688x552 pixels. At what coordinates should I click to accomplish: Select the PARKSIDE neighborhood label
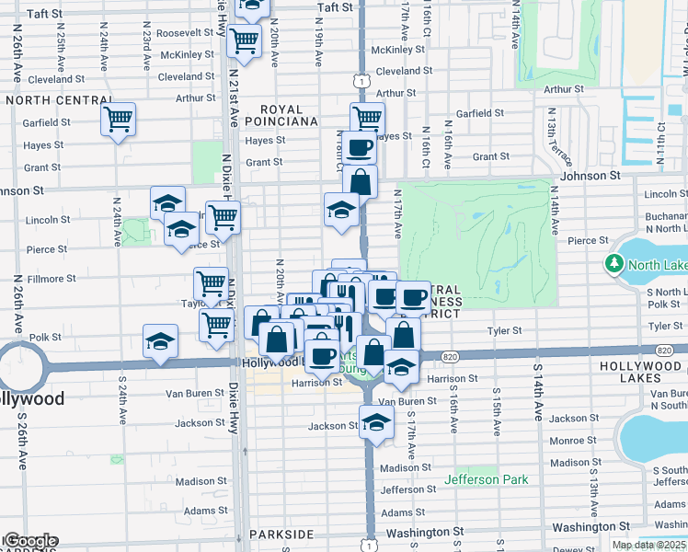[285, 535]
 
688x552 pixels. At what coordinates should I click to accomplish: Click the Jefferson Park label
[487, 479]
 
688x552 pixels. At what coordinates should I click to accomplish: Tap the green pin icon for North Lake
[613, 265]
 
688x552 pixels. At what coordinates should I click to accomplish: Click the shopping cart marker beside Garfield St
[119, 120]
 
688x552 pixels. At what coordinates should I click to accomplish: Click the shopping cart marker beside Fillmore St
[211, 282]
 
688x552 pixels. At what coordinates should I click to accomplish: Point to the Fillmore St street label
[51, 279]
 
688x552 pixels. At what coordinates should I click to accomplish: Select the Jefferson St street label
[407, 489]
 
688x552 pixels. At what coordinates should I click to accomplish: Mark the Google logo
[30, 541]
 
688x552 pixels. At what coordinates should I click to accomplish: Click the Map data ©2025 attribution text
[648, 545]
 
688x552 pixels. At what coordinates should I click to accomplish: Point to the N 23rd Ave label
[147, 52]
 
